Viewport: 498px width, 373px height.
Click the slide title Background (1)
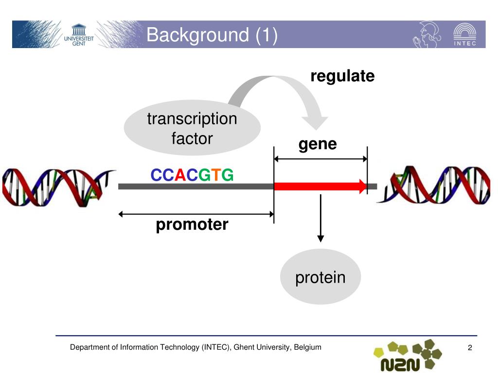212,35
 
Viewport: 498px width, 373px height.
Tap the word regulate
342,76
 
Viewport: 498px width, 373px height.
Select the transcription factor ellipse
192,128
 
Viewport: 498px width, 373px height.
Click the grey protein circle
320,277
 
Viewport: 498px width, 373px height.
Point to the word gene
318,144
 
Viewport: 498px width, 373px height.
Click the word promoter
192,225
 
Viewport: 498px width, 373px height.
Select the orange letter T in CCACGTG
216,175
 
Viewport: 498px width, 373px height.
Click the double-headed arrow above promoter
196,214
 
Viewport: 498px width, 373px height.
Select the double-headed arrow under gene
320,159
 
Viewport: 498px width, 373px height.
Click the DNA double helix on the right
435,186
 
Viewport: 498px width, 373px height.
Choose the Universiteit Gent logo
78,34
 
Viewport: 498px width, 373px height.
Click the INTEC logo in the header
464,35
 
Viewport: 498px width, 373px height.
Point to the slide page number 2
470,348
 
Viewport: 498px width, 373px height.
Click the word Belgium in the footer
308,347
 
